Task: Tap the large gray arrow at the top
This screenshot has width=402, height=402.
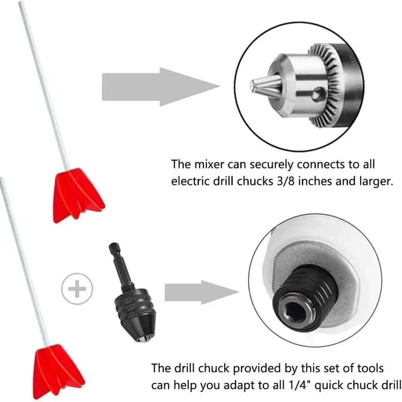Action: [x=161, y=86]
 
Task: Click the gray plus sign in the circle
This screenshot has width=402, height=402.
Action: [x=78, y=288]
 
